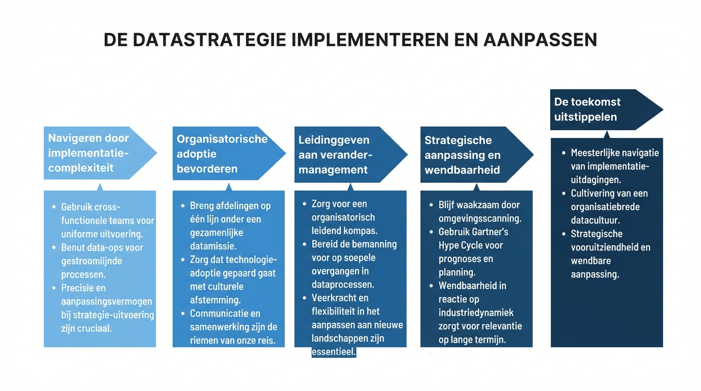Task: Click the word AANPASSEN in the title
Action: coord(540,40)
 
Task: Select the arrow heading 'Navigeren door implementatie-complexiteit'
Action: coord(100,153)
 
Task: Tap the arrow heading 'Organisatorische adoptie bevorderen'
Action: coord(229,153)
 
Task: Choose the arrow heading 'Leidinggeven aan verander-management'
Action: coord(351,155)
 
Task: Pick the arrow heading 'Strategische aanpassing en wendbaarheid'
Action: coord(477,155)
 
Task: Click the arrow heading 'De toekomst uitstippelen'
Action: coord(606,109)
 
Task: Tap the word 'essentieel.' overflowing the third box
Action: coord(334,352)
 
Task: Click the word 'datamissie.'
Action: coord(213,246)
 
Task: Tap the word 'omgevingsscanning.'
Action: coord(480,218)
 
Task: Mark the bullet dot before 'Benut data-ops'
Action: coord(54,248)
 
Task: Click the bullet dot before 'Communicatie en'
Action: coord(183,314)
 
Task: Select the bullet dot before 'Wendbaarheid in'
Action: coord(431,286)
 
